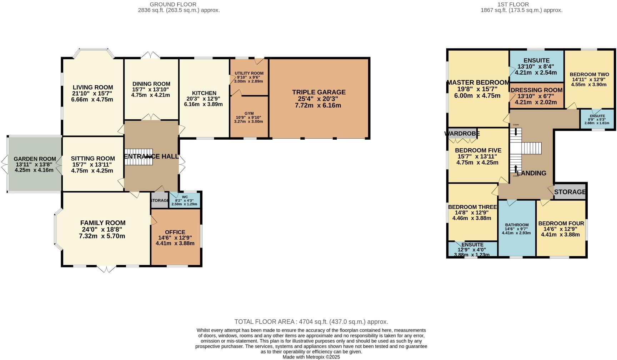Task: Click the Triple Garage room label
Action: pyautogui.click(x=318, y=92)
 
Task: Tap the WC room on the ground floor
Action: pyautogui.click(x=184, y=200)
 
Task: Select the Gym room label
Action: pyautogui.click(x=249, y=114)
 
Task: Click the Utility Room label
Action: pyautogui.click(x=249, y=73)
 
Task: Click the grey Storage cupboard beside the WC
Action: pyautogui.click(x=159, y=200)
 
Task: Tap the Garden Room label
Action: pyautogui.click(x=35, y=159)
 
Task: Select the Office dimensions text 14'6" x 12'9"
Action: pyautogui.click(x=175, y=237)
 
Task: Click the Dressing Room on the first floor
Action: pyautogui.click(x=537, y=90)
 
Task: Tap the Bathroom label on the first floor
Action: pyautogui.click(x=516, y=225)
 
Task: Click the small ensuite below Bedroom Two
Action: pyautogui.click(x=597, y=119)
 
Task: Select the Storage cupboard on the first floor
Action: pyautogui.click(x=570, y=192)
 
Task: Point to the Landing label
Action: pyautogui.click(x=531, y=173)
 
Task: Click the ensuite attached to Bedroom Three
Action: pyautogui.click(x=472, y=249)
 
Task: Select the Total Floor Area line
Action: pyautogui.click(x=311, y=322)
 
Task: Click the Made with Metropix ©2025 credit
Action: pyautogui.click(x=311, y=357)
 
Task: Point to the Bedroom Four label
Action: pyautogui.click(x=561, y=224)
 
